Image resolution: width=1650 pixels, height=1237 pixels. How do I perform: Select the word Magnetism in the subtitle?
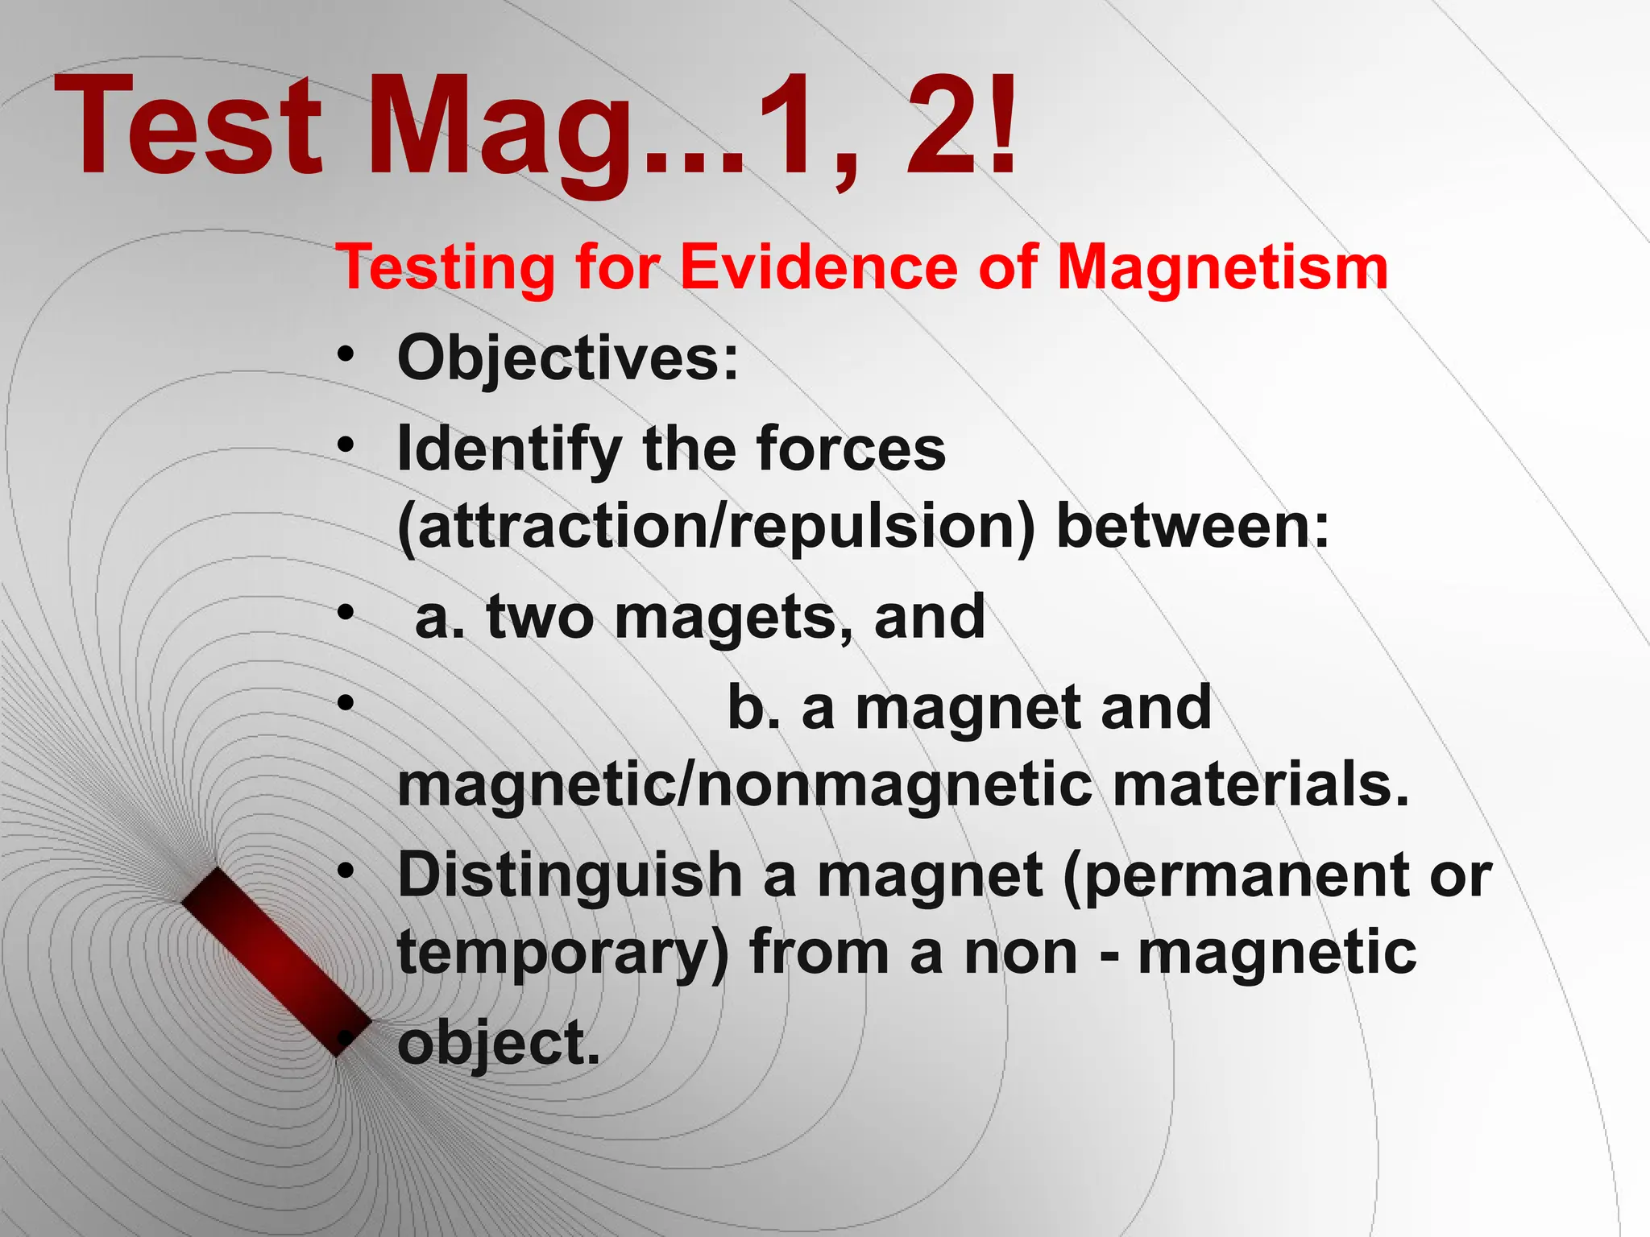click(x=1222, y=267)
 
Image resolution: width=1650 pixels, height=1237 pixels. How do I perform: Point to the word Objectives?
click(x=568, y=358)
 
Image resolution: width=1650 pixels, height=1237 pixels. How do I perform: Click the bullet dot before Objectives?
click(x=346, y=355)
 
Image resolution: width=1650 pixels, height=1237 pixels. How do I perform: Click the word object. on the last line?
click(x=499, y=1043)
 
